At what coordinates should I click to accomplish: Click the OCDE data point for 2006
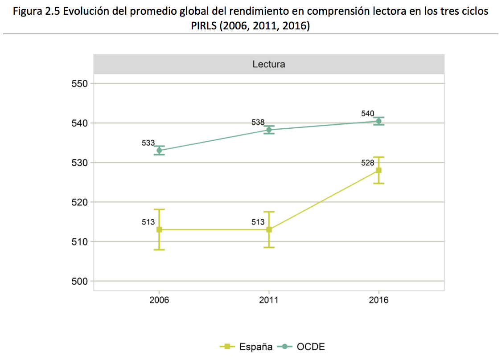[159, 150]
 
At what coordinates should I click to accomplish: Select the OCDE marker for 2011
[269, 130]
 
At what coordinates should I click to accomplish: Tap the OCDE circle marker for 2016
[379, 121]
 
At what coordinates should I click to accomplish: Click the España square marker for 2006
[159, 229]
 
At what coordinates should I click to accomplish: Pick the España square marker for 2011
[269, 229]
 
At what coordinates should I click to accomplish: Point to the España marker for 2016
[379, 170]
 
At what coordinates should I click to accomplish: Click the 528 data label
[368, 163]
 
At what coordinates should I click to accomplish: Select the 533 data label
[148, 143]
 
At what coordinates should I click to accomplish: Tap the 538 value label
[258, 122]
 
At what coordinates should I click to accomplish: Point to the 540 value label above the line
[368, 114]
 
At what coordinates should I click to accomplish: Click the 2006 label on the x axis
[159, 300]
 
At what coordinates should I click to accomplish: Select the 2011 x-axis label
[269, 300]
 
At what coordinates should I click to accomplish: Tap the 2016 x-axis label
[379, 300]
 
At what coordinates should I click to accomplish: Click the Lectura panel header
[269, 64]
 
